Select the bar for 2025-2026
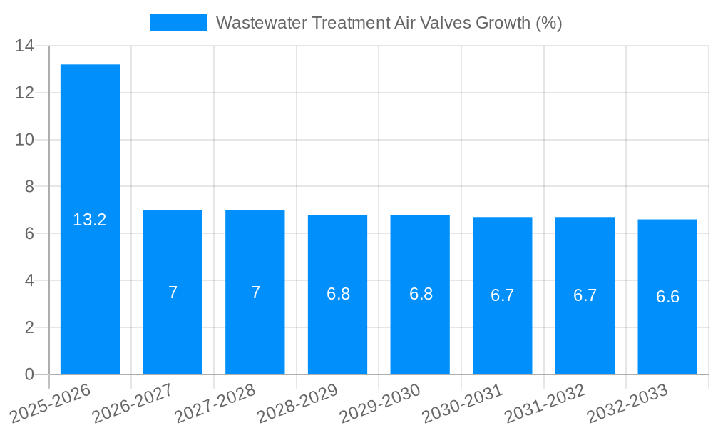90,143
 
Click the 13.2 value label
90,220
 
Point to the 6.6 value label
667,297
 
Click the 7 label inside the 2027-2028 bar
255,292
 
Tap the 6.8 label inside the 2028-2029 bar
338,294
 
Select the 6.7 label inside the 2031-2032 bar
585,295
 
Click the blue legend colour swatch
178,23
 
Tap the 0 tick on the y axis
29,374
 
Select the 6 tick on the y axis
29,233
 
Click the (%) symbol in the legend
548,23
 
